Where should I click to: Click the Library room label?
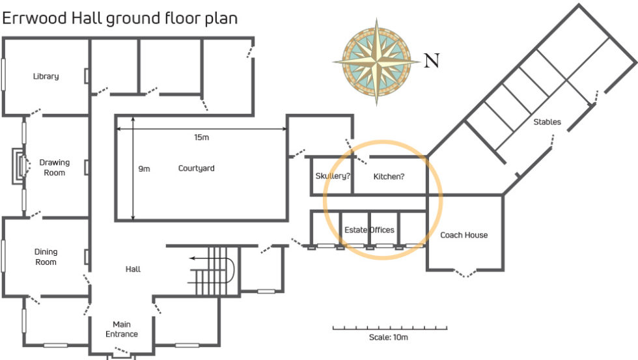point(46,76)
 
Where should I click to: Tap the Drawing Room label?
point(55,167)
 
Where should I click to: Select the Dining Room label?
point(46,256)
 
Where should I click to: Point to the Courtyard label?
point(197,169)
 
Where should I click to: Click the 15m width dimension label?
point(202,137)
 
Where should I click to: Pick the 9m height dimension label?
point(144,169)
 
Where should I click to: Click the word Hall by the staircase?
point(133,269)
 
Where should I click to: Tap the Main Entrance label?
point(122,329)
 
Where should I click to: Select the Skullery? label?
point(333,176)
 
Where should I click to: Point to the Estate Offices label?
point(369,230)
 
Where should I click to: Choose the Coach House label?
point(464,235)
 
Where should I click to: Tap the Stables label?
point(547,122)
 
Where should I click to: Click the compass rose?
point(376,62)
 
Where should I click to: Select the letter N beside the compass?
point(431,62)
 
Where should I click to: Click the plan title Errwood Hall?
point(120,18)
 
